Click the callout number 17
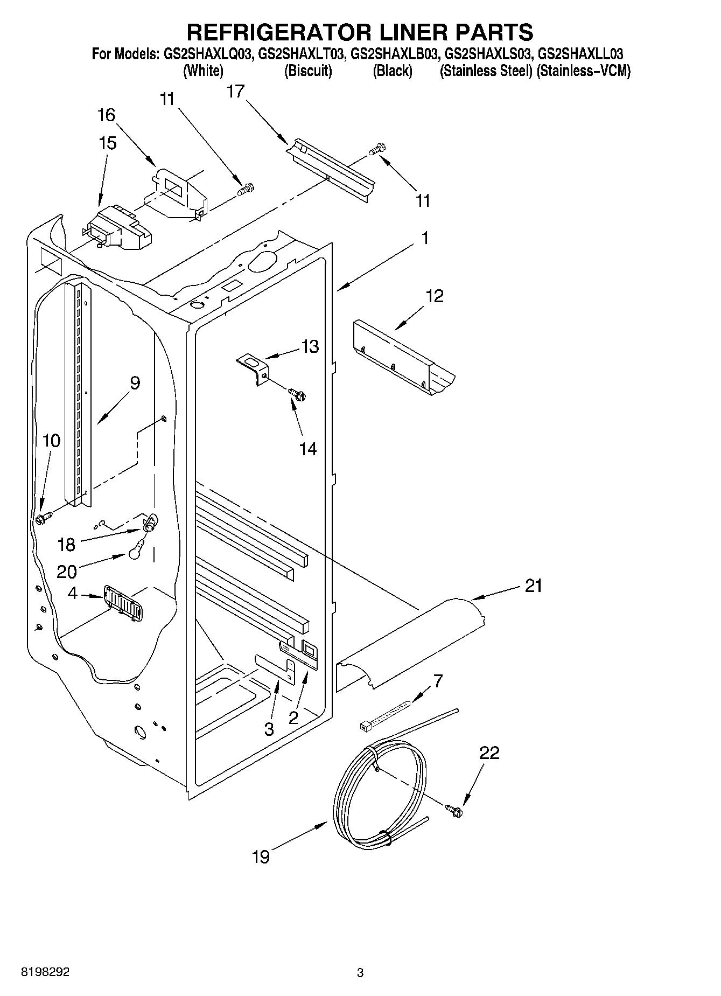point(235,92)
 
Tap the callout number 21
point(533,586)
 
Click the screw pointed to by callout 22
point(453,809)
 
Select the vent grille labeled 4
point(122,603)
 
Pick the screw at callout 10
point(42,519)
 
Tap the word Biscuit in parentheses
point(308,71)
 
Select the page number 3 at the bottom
point(360,972)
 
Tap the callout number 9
point(135,383)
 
